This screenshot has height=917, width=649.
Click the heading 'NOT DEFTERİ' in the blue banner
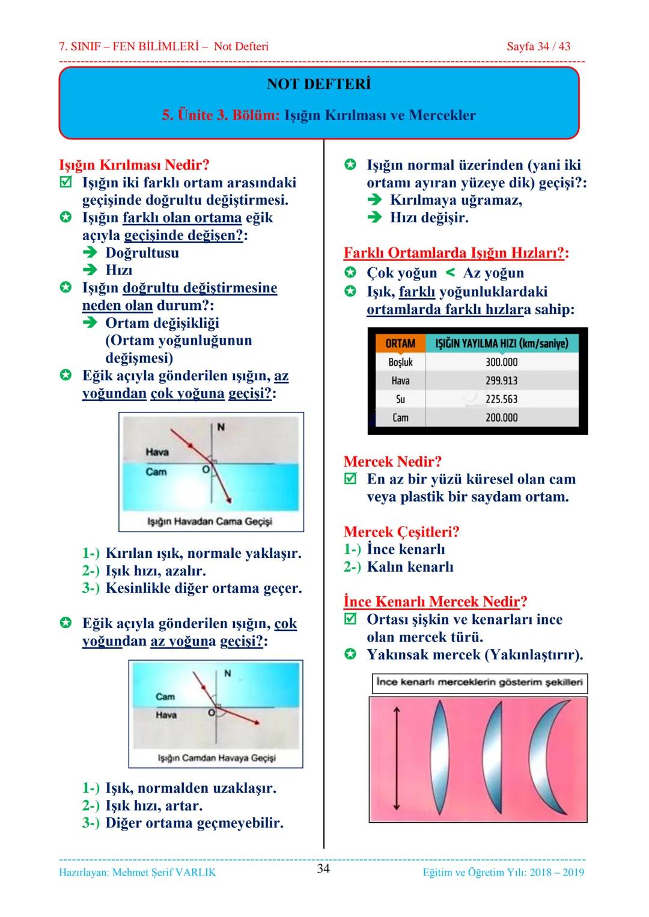[318, 84]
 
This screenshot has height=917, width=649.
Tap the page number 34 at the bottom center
[323, 868]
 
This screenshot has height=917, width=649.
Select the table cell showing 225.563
[501, 399]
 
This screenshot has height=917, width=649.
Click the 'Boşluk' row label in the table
[400, 362]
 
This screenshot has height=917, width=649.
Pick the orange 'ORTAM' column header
[400, 343]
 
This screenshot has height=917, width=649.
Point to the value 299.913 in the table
[501, 381]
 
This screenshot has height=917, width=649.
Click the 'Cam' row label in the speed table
[400, 418]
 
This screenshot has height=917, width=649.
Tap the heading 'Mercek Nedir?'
[392, 462]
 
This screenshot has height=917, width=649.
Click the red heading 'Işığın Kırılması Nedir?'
[134, 165]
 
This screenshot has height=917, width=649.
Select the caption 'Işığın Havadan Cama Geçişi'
[210, 521]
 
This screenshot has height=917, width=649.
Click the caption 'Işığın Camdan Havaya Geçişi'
[216, 758]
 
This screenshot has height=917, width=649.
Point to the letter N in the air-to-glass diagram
[221, 427]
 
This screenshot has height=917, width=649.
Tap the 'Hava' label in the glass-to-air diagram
[166, 715]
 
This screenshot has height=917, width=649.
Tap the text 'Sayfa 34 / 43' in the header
[538, 46]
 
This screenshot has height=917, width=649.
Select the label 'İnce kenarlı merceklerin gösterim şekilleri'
[479, 683]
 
